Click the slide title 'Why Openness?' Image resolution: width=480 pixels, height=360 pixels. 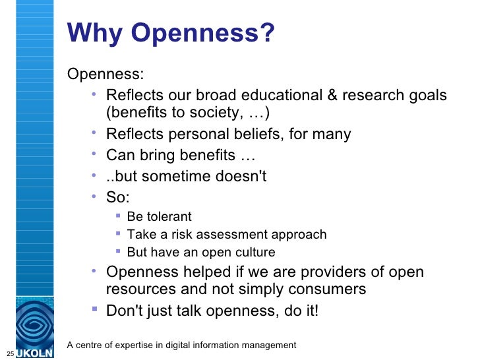tap(170, 34)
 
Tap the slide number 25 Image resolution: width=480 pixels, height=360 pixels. tap(9, 350)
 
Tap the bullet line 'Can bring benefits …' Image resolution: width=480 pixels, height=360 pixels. tap(180, 156)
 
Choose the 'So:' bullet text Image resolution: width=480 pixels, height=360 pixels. tap(119, 197)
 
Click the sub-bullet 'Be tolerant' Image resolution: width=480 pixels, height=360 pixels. tap(159, 216)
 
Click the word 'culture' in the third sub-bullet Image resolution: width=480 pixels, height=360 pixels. tap(255, 252)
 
